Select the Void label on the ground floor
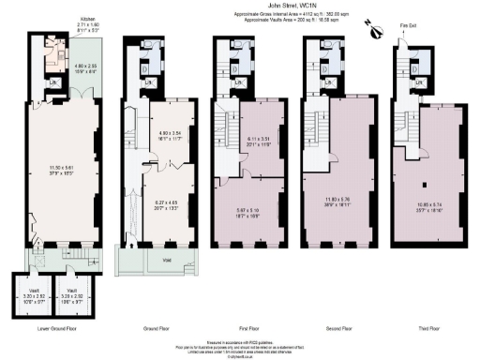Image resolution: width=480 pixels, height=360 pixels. (166, 260)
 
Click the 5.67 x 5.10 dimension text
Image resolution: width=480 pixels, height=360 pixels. (250, 213)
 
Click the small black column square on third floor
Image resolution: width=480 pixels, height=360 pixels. (424, 182)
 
